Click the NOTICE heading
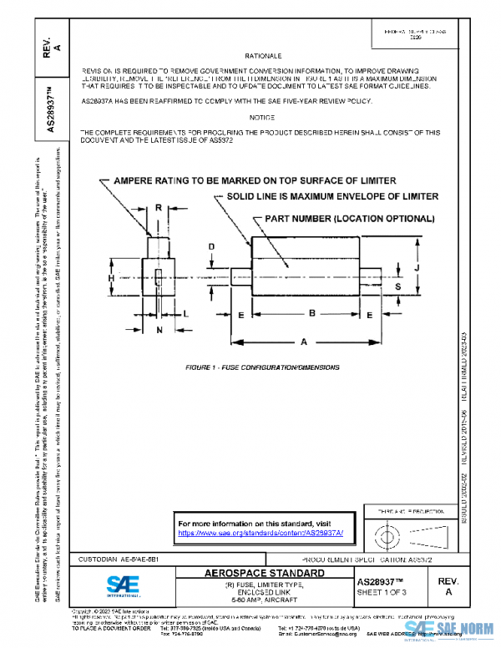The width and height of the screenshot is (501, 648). (261, 117)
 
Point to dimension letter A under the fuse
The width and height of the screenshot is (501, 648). (304, 341)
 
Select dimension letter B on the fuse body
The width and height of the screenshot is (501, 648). (310, 312)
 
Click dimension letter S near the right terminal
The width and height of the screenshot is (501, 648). (398, 286)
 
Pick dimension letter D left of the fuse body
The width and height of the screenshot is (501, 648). (212, 247)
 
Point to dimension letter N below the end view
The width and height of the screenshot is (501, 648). (159, 329)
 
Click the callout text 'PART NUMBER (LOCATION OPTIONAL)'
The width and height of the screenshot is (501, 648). (349, 219)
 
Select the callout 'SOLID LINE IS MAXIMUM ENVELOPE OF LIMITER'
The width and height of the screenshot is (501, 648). (332, 197)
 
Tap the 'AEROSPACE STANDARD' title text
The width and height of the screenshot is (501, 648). (265, 574)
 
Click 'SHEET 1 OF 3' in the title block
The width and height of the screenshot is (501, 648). (380, 592)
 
